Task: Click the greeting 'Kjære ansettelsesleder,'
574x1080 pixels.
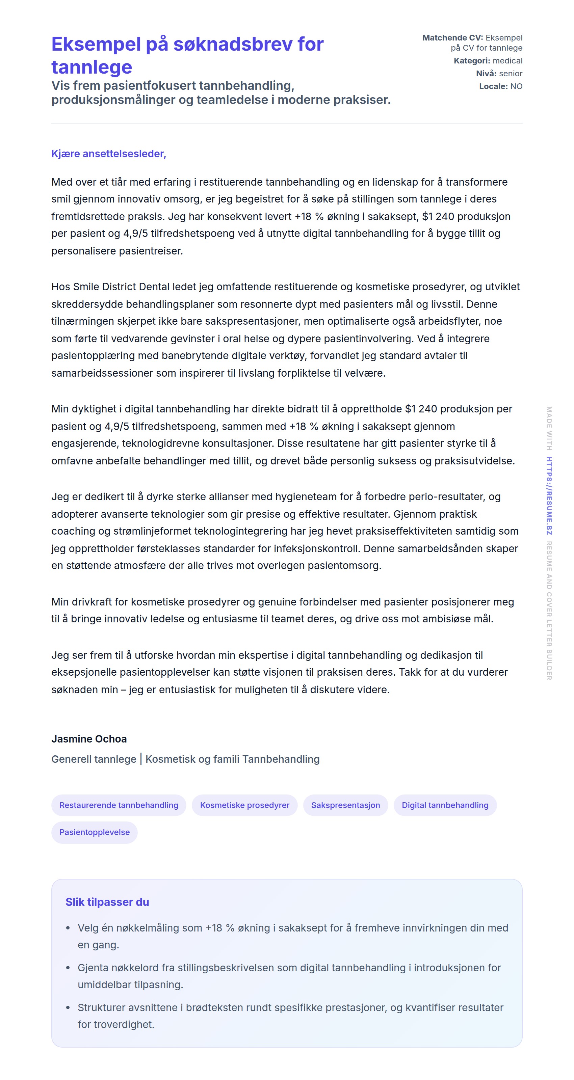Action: pos(109,154)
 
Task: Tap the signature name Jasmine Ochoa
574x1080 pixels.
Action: pos(89,739)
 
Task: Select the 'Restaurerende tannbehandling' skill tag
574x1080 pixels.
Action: pos(119,805)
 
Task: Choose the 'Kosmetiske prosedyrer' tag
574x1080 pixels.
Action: pos(244,805)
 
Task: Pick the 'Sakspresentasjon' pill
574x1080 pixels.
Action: pos(345,805)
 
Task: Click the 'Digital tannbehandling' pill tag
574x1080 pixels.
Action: pos(445,805)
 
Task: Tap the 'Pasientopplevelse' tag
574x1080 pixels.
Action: pos(95,832)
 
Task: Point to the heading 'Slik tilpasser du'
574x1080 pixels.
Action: pos(107,902)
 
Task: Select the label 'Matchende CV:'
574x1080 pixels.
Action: pos(452,38)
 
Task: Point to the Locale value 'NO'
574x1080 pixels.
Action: pos(516,86)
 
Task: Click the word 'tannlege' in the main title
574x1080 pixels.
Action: pos(92,67)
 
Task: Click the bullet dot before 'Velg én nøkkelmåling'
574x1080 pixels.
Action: pos(68,928)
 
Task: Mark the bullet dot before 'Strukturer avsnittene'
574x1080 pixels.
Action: pos(68,1007)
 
